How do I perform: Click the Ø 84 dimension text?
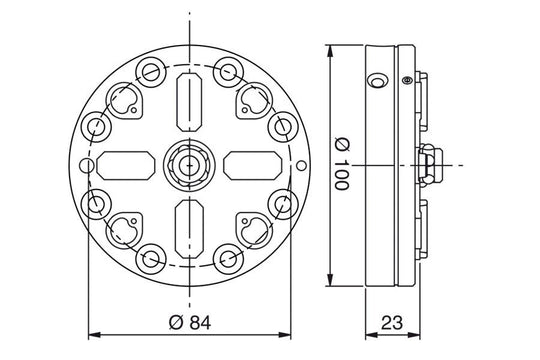click(x=190, y=323)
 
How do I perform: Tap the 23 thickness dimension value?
click(x=392, y=323)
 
